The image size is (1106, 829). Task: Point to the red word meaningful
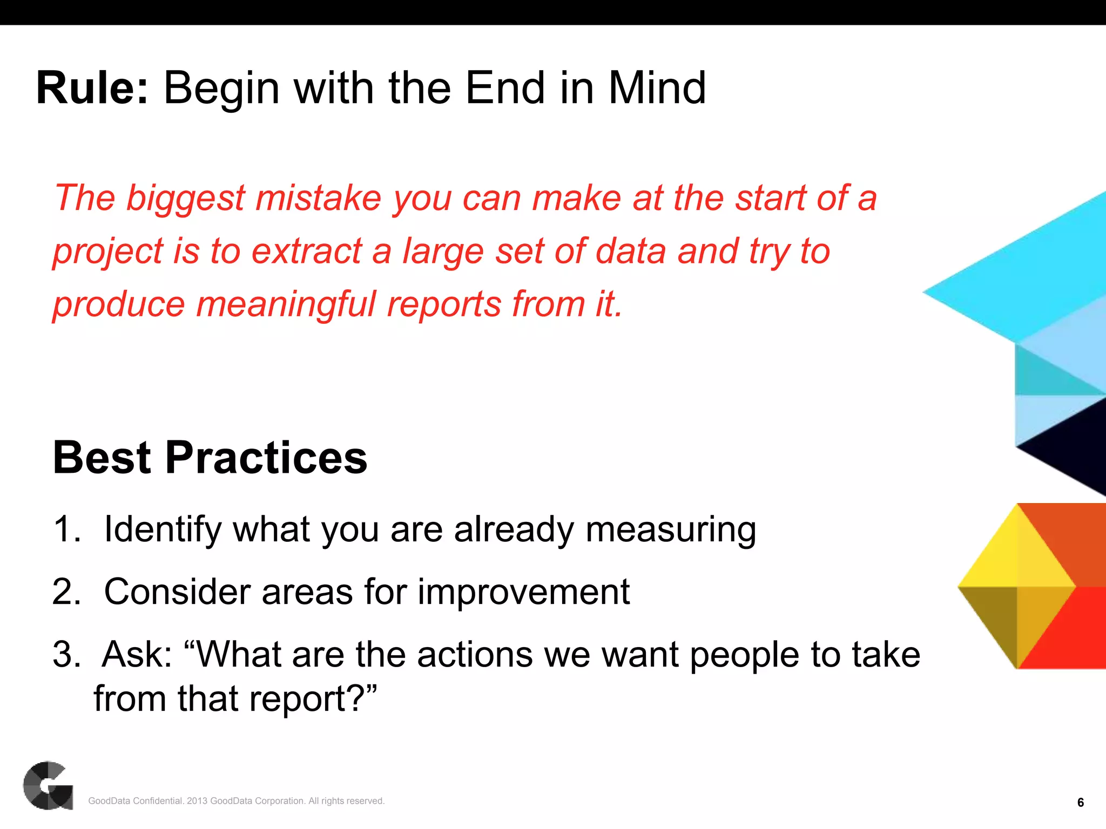pyautogui.click(x=286, y=304)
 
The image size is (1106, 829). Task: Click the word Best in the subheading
pyautogui.click(x=103, y=458)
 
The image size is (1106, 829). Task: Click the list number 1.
pyautogui.click(x=66, y=529)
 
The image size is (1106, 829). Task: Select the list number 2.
pyautogui.click(x=66, y=592)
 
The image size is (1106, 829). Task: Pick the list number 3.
pyautogui.click(x=66, y=654)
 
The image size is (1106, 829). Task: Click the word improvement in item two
pyautogui.click(x=523, y=592)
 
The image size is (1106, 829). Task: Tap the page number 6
pyautogui.click(x=1080, y=803)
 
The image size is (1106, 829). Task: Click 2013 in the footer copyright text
pyautogui.click(x=197, y=801)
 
